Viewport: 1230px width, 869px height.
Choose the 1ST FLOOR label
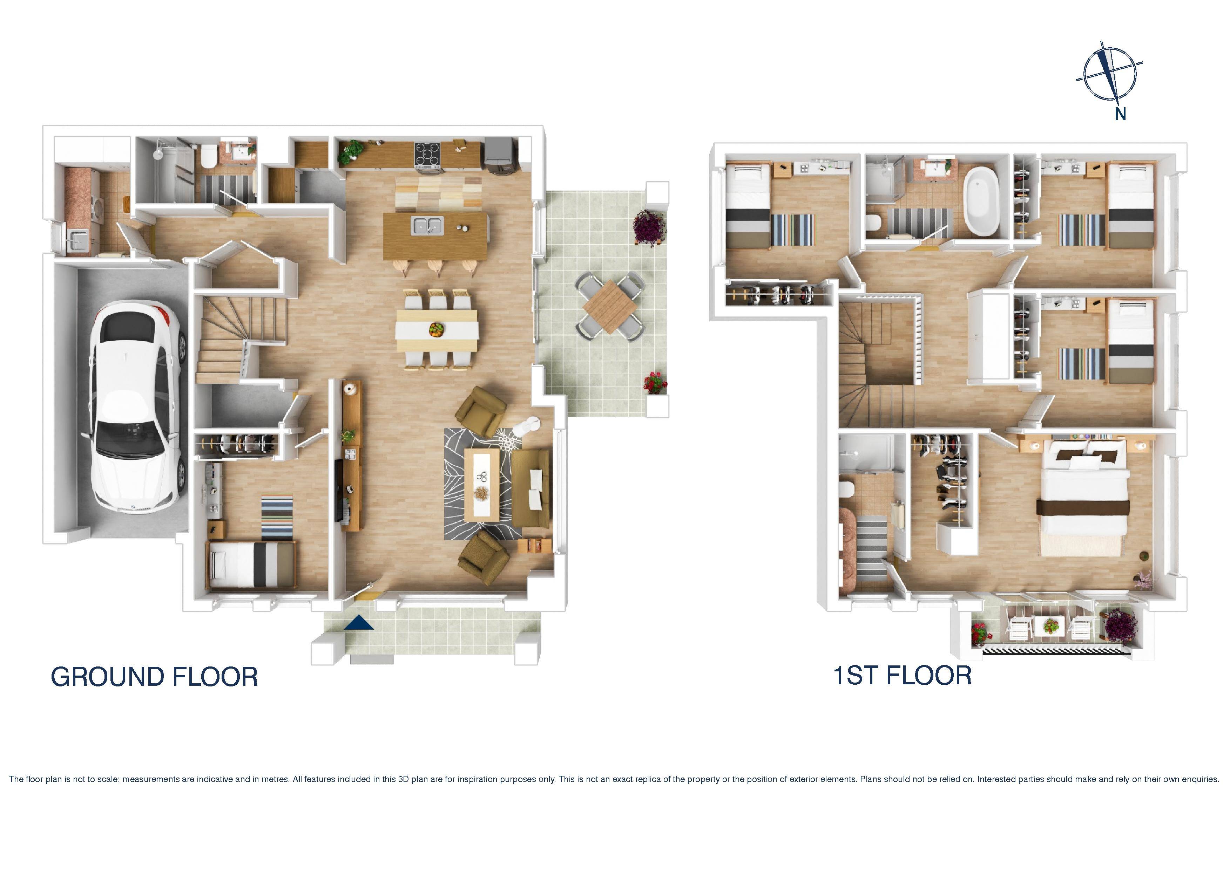(902, 675)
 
